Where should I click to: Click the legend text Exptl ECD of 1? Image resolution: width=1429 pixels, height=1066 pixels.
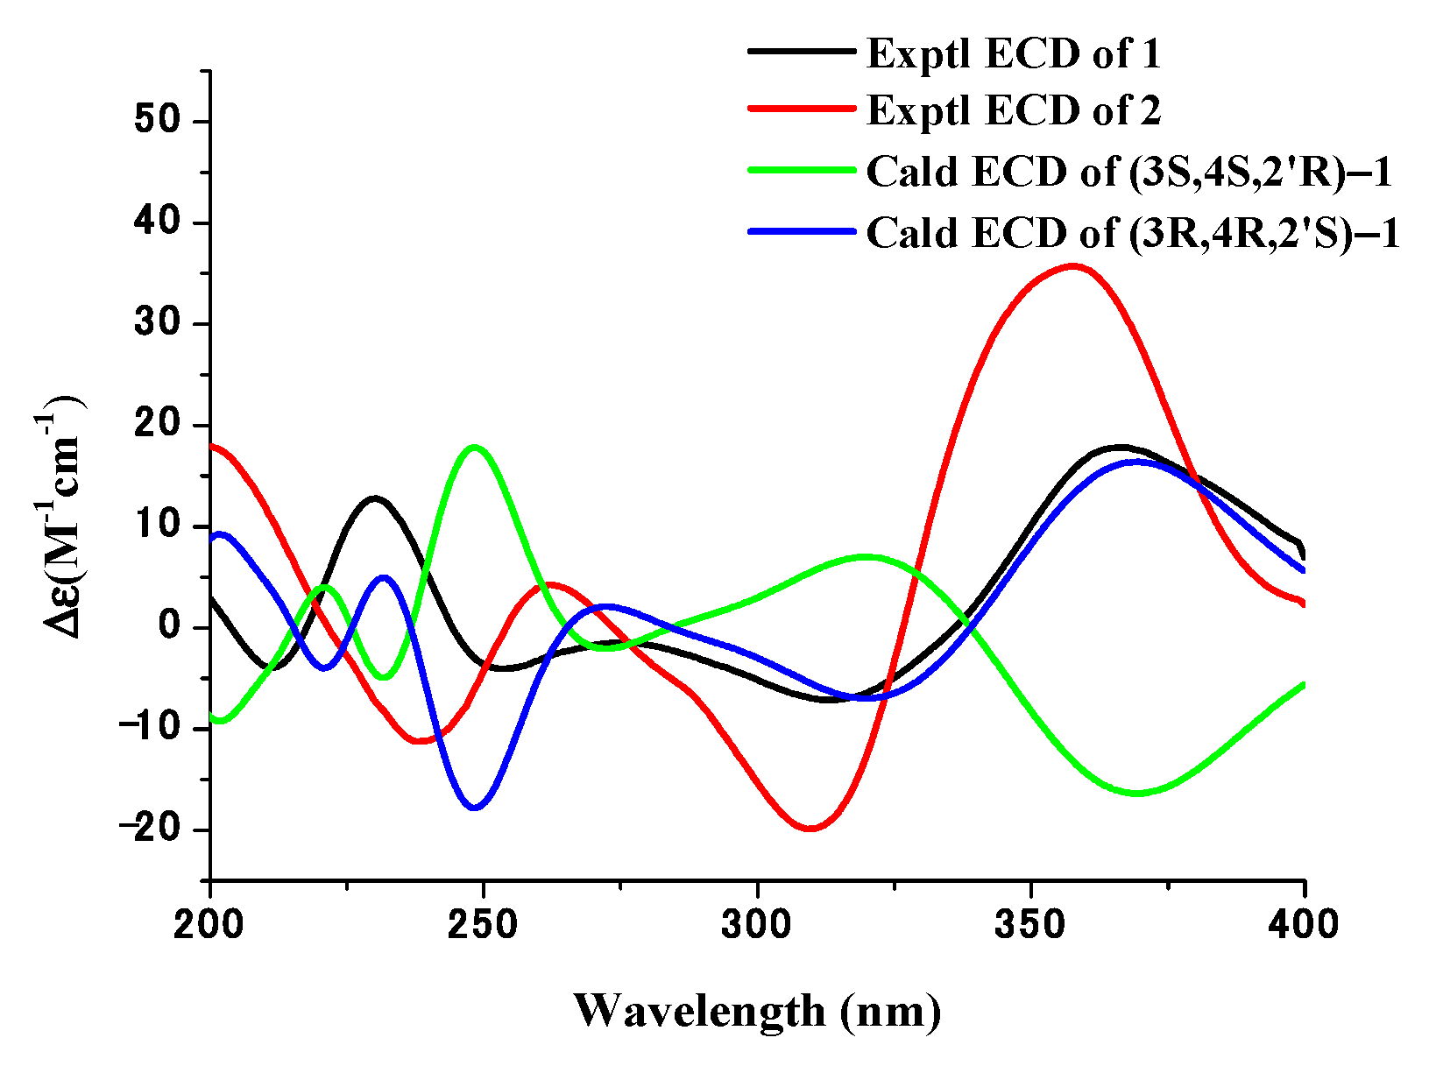[1013, 54]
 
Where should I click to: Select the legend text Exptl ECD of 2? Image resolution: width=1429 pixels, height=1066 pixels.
[1013, 110]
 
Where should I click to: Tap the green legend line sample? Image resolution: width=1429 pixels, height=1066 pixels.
[801, 170]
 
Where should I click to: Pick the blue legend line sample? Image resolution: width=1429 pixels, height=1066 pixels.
[801, 231]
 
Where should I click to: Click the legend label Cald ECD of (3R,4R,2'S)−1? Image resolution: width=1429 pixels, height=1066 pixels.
[1133, 233]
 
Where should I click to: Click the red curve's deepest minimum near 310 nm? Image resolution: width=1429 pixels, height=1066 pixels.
[811, 828]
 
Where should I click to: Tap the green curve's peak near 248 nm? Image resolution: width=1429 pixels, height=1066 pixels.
[475, 447]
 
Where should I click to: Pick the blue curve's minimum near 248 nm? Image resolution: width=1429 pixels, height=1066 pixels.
[475, 808]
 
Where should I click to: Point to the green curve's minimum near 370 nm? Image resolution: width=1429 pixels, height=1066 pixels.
[1137, 793]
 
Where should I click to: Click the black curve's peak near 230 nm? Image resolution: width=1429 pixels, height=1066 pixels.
[375, 498]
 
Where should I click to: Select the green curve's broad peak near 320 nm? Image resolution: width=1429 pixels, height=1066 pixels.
[865, 556]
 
